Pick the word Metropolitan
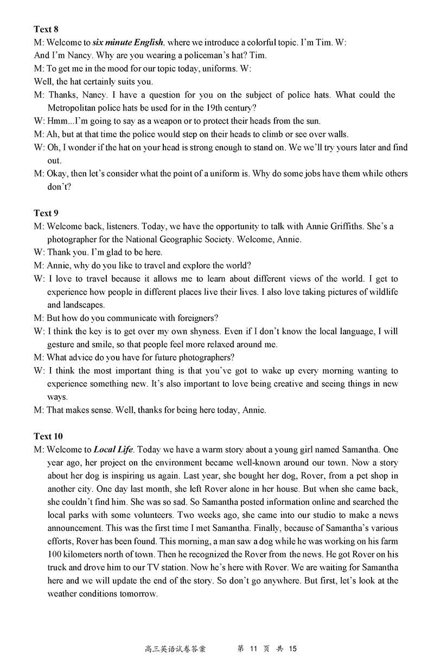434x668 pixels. click(75, 108)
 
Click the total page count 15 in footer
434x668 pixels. click(293, 648)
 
